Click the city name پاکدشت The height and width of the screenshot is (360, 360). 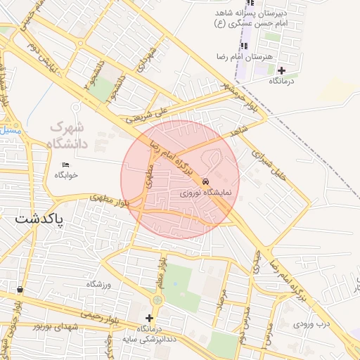click(x=39, y=219)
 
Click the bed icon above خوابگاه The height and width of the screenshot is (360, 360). click(x=66, y=165)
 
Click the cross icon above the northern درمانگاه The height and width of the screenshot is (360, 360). click(x=281, y=70)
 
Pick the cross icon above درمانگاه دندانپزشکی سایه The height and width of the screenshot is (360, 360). click(x=149, y=318)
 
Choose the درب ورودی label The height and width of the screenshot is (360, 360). click(x=311, y=324)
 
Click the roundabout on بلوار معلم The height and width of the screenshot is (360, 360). click(x=156, y=300)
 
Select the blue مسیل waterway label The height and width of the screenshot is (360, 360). click(x=11, y=131)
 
